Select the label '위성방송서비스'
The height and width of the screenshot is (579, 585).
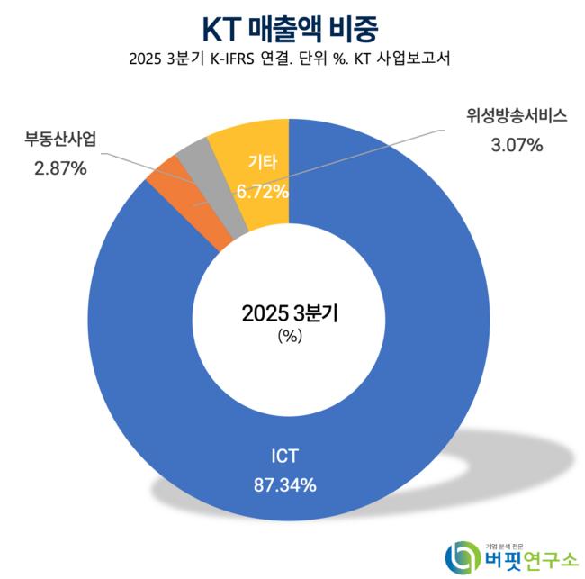pos(504,117)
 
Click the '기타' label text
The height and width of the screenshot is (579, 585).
pos(262,164)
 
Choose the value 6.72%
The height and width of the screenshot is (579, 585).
pos(262,191)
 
